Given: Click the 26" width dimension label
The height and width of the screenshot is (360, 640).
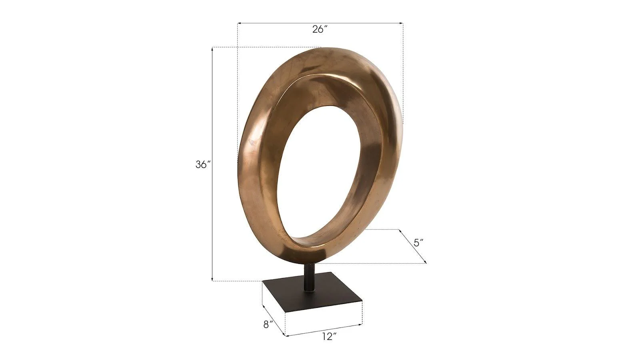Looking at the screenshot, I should point(320,29).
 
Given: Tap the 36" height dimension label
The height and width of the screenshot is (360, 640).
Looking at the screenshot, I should point(203,164).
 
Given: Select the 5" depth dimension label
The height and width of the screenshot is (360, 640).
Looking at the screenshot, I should point(418,242).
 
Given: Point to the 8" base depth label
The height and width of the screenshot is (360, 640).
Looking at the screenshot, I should point(268,324).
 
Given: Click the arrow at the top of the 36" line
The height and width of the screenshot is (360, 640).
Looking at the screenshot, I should point(212,48).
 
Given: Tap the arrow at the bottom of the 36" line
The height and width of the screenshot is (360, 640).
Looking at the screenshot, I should point(212,280).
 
